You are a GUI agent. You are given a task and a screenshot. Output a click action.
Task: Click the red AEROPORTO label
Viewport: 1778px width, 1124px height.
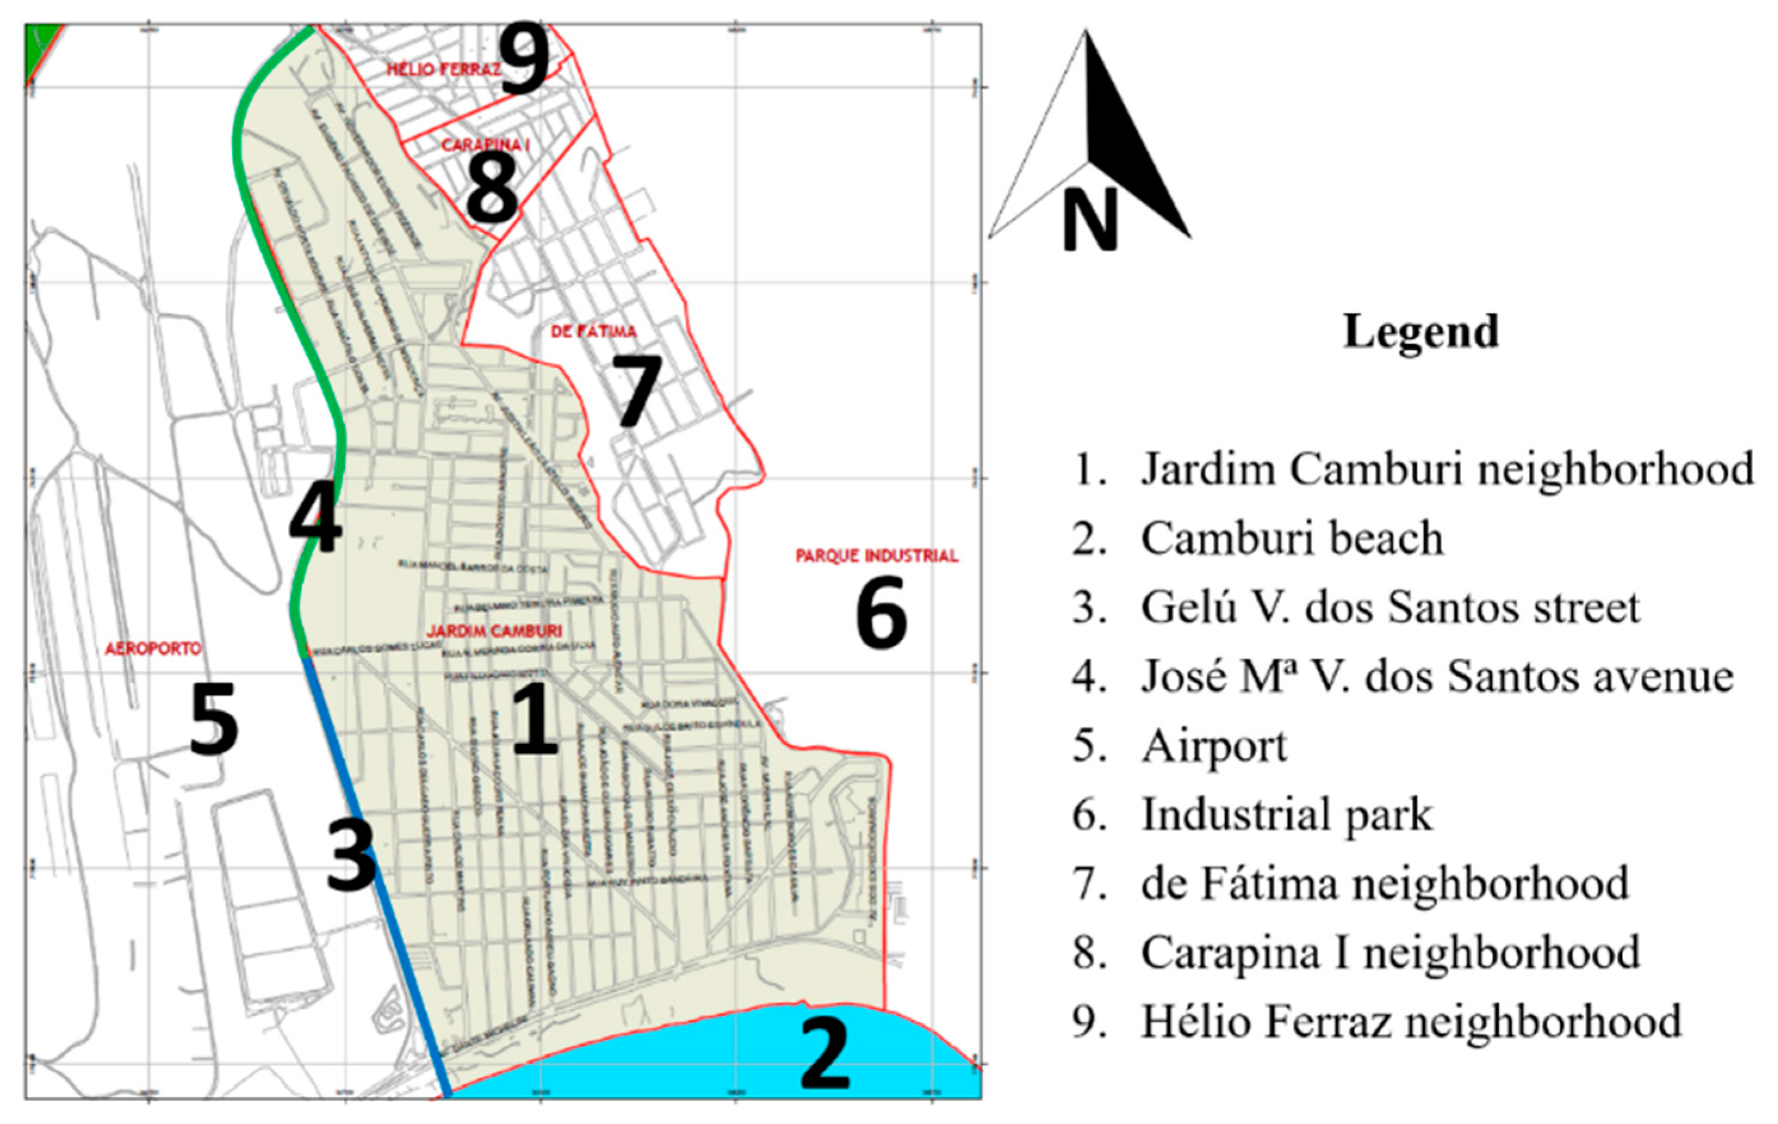click(x=153, y=648)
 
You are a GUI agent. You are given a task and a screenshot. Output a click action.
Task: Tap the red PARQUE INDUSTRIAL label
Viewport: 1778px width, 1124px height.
click(x=876, y=555)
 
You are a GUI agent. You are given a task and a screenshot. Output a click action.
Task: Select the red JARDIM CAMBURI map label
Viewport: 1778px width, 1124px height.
click(x=494, y=631)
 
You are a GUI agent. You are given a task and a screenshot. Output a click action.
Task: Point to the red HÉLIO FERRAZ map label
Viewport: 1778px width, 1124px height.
click(x=444, y=69)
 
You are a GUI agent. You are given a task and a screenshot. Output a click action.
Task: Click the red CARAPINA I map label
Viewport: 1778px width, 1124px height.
click(x=485, y=145)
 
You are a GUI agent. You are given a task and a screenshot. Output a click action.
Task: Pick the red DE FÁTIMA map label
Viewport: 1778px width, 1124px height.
click(x=593, y=331)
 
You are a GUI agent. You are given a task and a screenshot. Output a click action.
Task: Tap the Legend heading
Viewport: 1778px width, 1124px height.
click(x=1420, y=331)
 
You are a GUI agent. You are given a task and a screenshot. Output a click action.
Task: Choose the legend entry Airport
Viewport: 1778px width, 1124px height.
click(x=1214, y=746)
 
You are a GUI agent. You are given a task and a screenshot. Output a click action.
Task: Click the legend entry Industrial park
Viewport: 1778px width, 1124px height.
click(x=1286, y=815)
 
